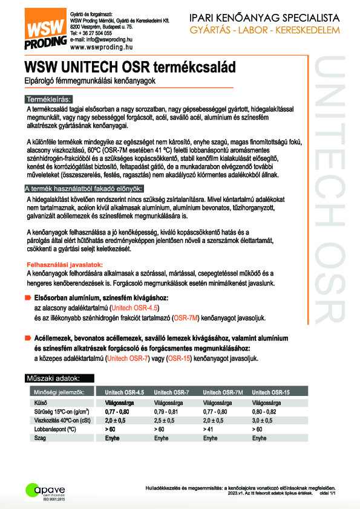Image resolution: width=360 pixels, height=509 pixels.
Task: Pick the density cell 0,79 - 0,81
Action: pos(168,409)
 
